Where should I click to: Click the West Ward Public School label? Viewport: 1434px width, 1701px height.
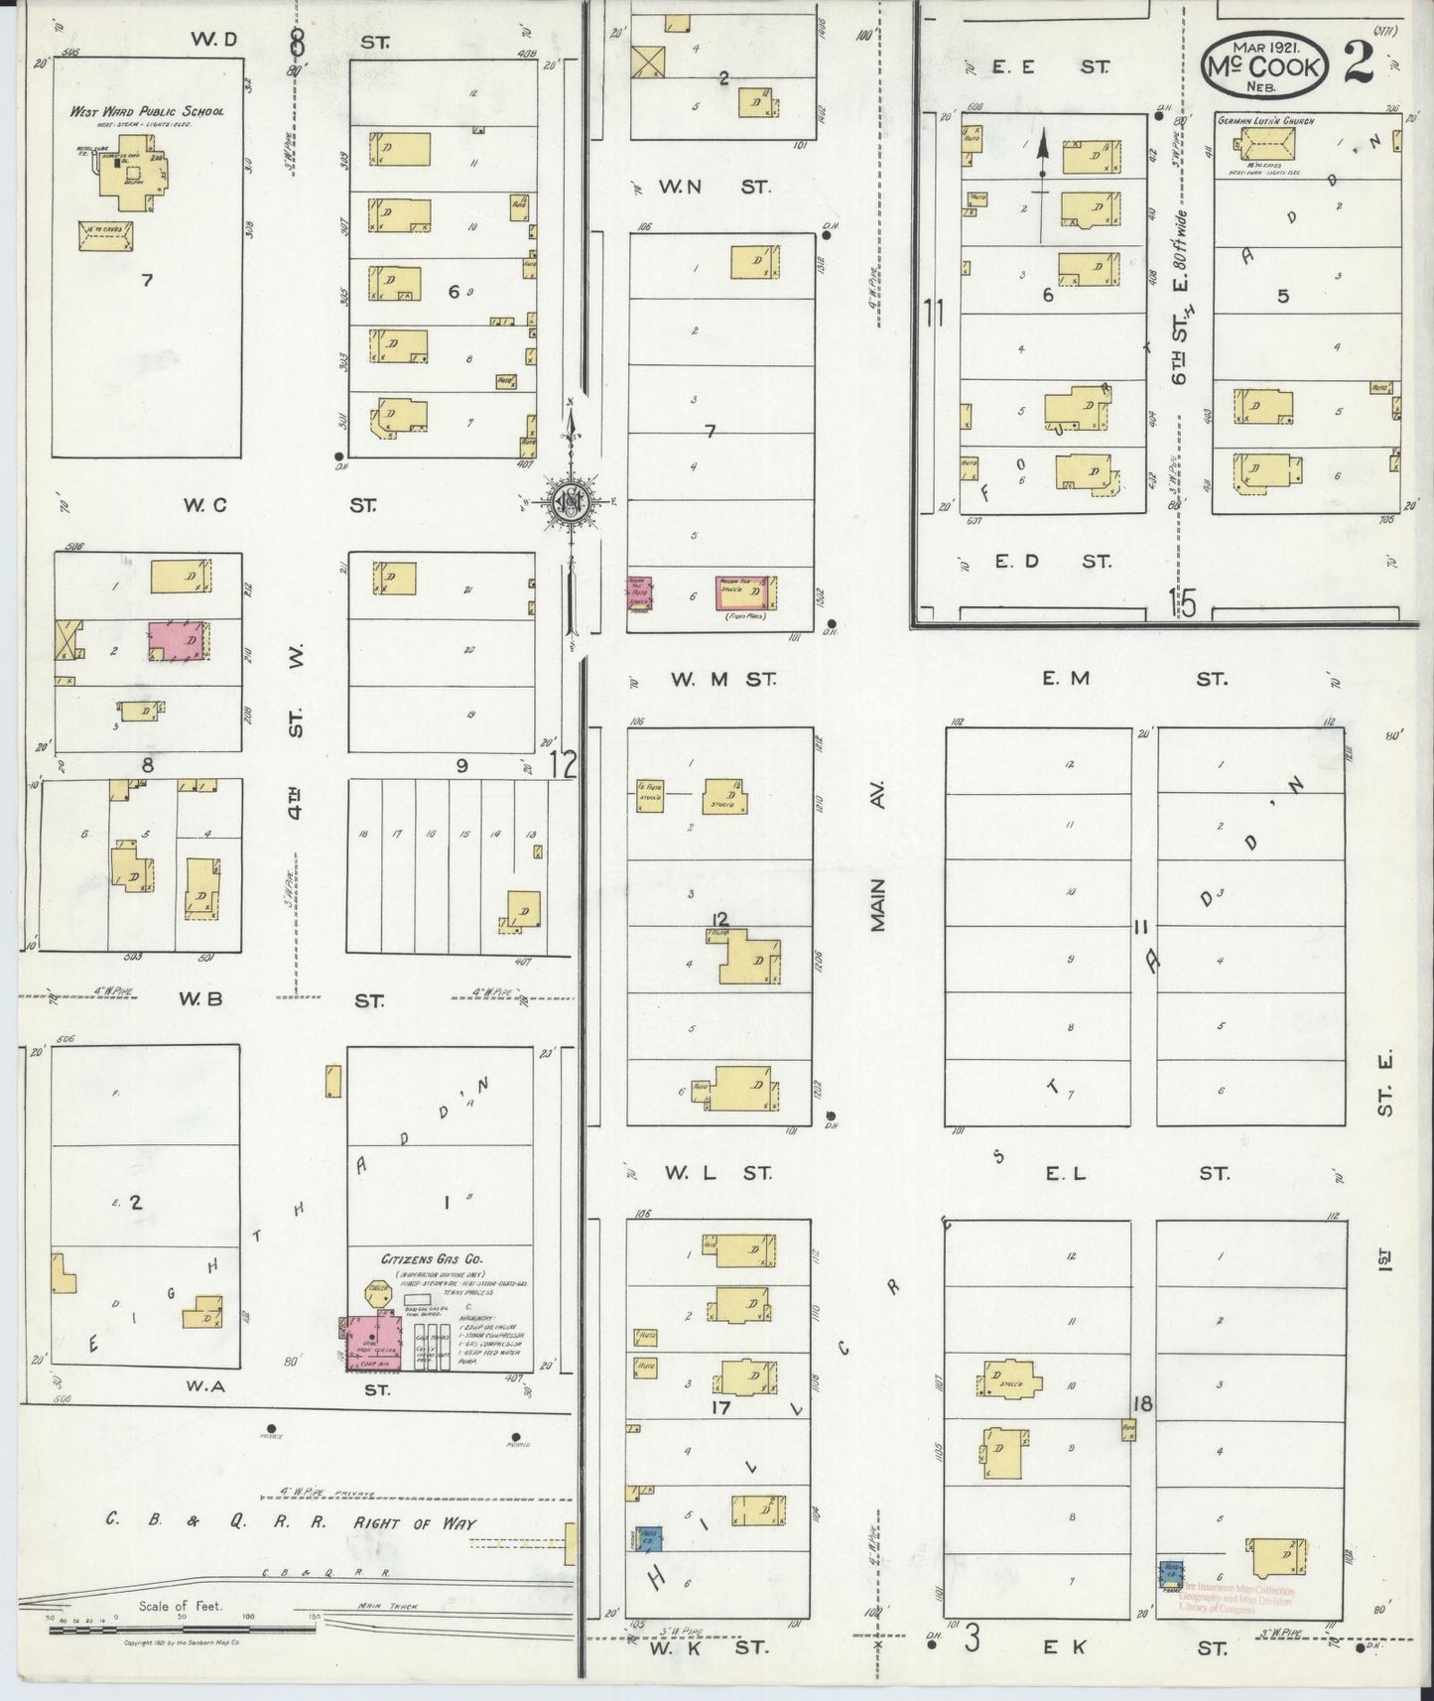[146, 111]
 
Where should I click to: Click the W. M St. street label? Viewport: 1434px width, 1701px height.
[721, 680]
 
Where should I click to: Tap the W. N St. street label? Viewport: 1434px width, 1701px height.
[721, 186]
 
